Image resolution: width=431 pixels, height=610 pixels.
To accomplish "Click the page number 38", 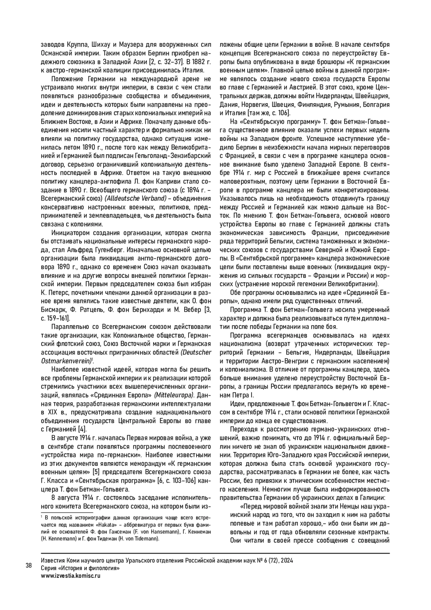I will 29,565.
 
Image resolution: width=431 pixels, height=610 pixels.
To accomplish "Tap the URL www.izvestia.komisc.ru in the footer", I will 71,575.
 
